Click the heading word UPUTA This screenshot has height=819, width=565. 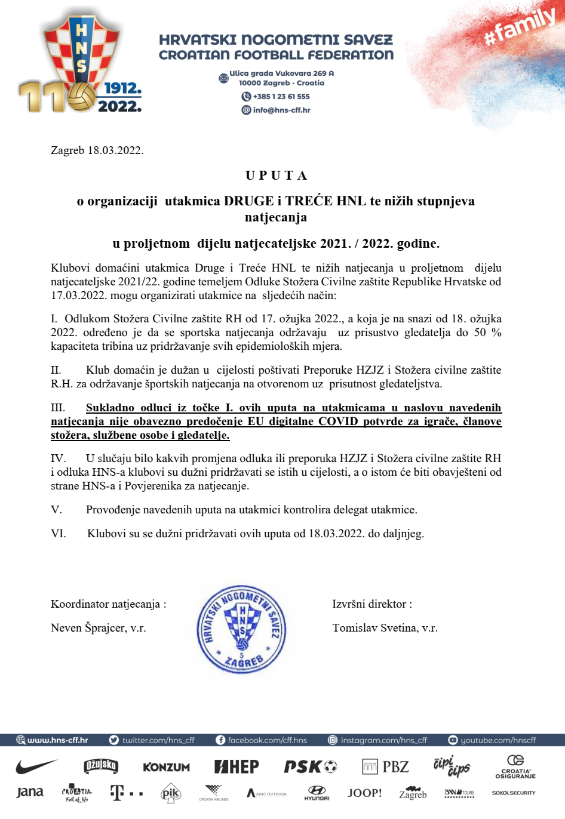tap(277, 176)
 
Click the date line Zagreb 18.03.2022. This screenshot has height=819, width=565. tap(97, 150)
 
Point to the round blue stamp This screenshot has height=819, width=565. tap(242, 629)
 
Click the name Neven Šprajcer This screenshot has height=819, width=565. tap(99, 628)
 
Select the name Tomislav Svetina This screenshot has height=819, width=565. tap(385, 628)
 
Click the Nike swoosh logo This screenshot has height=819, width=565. tap(36, 766)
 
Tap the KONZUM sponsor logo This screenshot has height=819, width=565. tap(166, 767)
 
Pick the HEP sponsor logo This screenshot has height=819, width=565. tap(237, 766)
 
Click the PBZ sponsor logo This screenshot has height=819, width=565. tap(386, 766)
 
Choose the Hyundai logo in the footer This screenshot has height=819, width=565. tap(317, 793)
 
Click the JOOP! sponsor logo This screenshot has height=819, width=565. tap(364, 793)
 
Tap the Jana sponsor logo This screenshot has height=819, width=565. tap(30, 793)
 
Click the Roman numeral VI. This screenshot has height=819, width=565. tap(59, 534)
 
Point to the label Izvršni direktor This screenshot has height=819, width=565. tap(372, 604)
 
